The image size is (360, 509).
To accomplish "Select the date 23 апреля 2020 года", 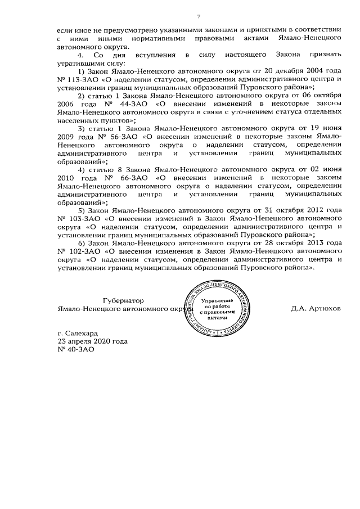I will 93,341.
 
